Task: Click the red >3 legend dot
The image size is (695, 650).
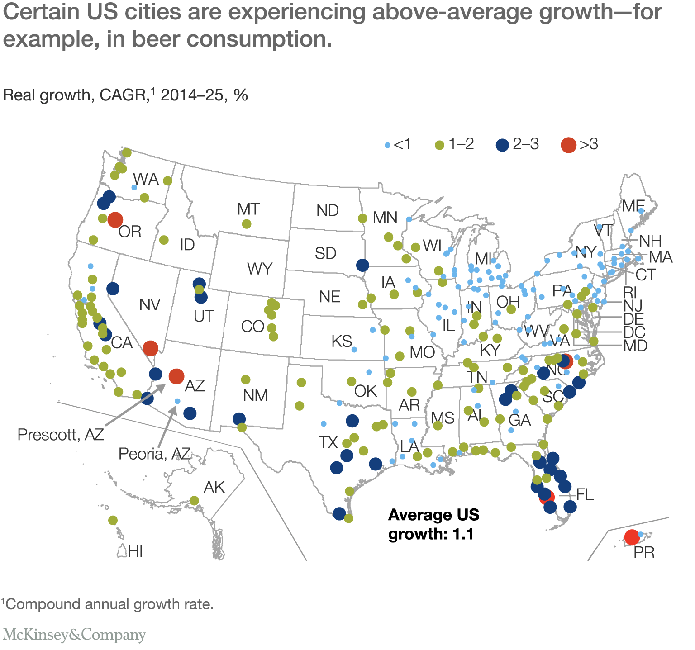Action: coord(568,145)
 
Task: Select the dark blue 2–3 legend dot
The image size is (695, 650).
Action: coord(502,145)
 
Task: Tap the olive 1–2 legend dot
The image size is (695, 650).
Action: coord(439,145)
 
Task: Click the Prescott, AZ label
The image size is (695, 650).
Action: coord(61,435)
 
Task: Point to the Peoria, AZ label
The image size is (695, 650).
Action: coord(154,454)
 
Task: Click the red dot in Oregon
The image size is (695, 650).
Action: coord(115,219)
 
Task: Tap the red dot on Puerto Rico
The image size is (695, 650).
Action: coord(632,537)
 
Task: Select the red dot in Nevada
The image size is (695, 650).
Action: coord(150,348)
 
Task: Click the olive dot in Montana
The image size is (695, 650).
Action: coord(247,224)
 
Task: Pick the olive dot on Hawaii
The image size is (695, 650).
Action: coord(113,520)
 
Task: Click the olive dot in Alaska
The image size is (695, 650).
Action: coord(194,500)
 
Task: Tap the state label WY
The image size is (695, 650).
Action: coord(260,269)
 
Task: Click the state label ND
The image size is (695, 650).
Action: coord(328,210)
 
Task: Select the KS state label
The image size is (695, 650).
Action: coord(342,341)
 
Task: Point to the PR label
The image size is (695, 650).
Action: coord(644,553)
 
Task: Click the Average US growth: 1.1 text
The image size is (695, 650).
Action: coord(433,525)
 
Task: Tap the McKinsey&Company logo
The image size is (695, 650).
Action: coord(74,635)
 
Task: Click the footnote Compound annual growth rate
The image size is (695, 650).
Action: coord(109,604)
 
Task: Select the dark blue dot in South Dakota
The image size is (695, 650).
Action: coord(362,265)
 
